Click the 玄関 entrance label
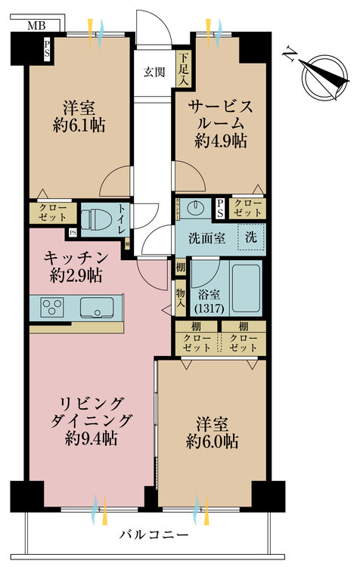[155, 73]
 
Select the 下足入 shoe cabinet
[183, 68]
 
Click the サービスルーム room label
[222, 115]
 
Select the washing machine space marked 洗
[252, 237]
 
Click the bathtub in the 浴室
[246, 288]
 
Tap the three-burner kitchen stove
[53, 308]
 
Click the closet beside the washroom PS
[247, 209]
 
